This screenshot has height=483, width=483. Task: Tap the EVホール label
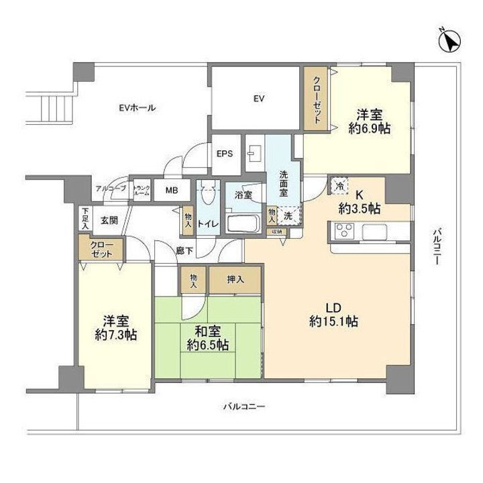[x=137, y=107]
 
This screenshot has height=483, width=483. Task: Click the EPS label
[x=224, y=153]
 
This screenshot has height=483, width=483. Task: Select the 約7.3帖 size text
[x=116, y=334]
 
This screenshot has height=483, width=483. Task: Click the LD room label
[x=333, y=308]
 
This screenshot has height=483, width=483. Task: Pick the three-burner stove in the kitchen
[x=343, y=232]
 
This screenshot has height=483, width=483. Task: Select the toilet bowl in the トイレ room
[x=207, y=195]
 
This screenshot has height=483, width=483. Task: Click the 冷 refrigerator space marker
[x=340, y=185]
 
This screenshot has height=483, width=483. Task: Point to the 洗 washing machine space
[x=288, y=216]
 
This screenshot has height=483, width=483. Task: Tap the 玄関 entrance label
[x=109, y=219]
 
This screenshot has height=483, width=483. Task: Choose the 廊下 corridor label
[x=186, y=251]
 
